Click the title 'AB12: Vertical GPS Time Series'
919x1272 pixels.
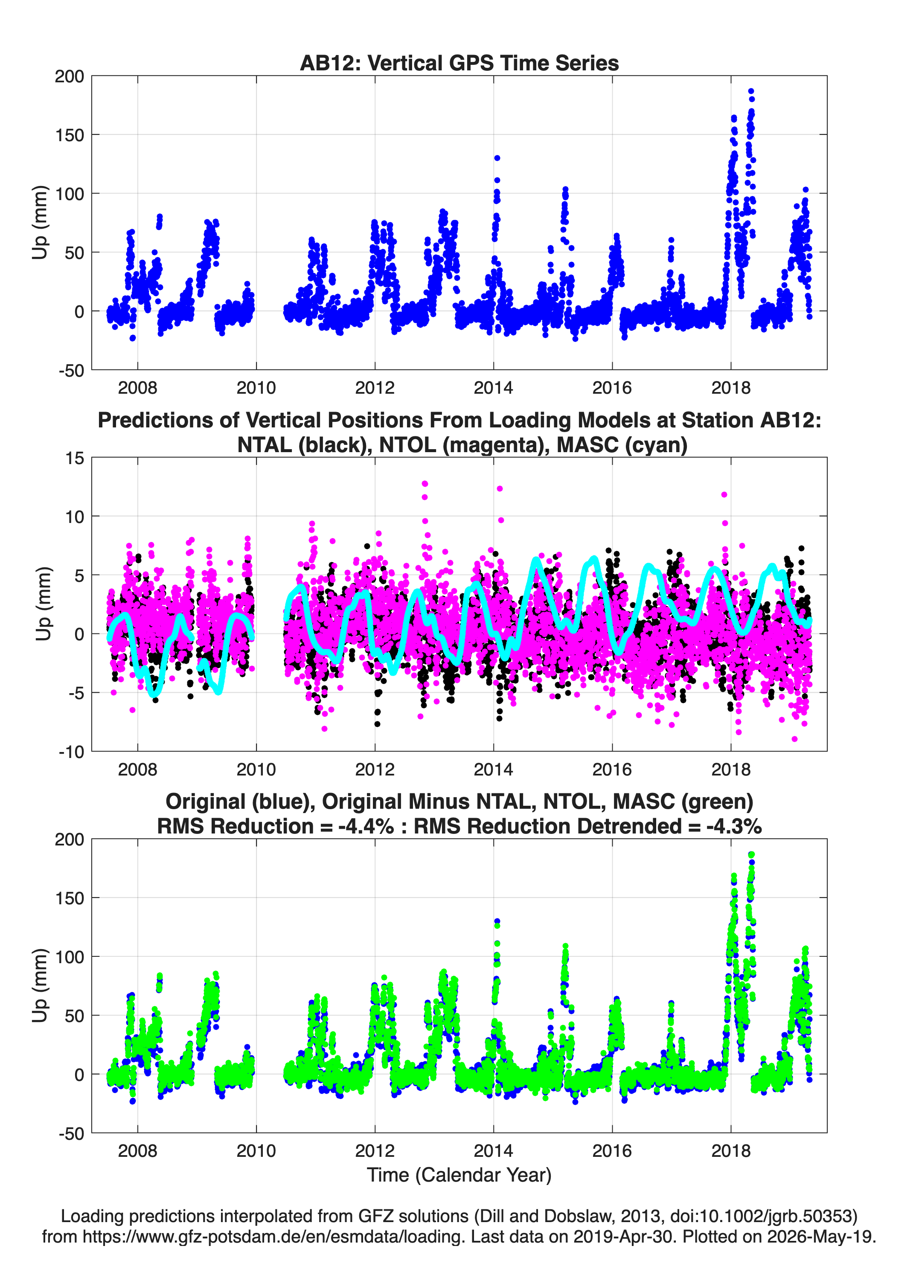click(x=459, y=63)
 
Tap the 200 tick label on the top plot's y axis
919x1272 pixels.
click(x=69, y=76)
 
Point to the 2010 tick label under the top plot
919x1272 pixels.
click(x=256, y=388)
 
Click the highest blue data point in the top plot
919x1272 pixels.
click(x=750, y=91)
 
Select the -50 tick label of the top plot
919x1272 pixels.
click(x=71, y=371)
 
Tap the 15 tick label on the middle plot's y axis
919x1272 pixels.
click(x=75, y=458)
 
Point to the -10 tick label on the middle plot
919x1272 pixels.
click(x=71, y=752)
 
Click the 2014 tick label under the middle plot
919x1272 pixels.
click(x=493, y=769)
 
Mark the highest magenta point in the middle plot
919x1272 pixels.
click(x=425, y=483)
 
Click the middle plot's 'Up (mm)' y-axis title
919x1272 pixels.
click(x=43, y=604)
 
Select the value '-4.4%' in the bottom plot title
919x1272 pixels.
click(x=366, y=826)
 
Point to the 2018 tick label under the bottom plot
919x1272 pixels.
click(x=730, y=1150)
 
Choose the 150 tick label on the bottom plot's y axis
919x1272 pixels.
click(x=69, y=898)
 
